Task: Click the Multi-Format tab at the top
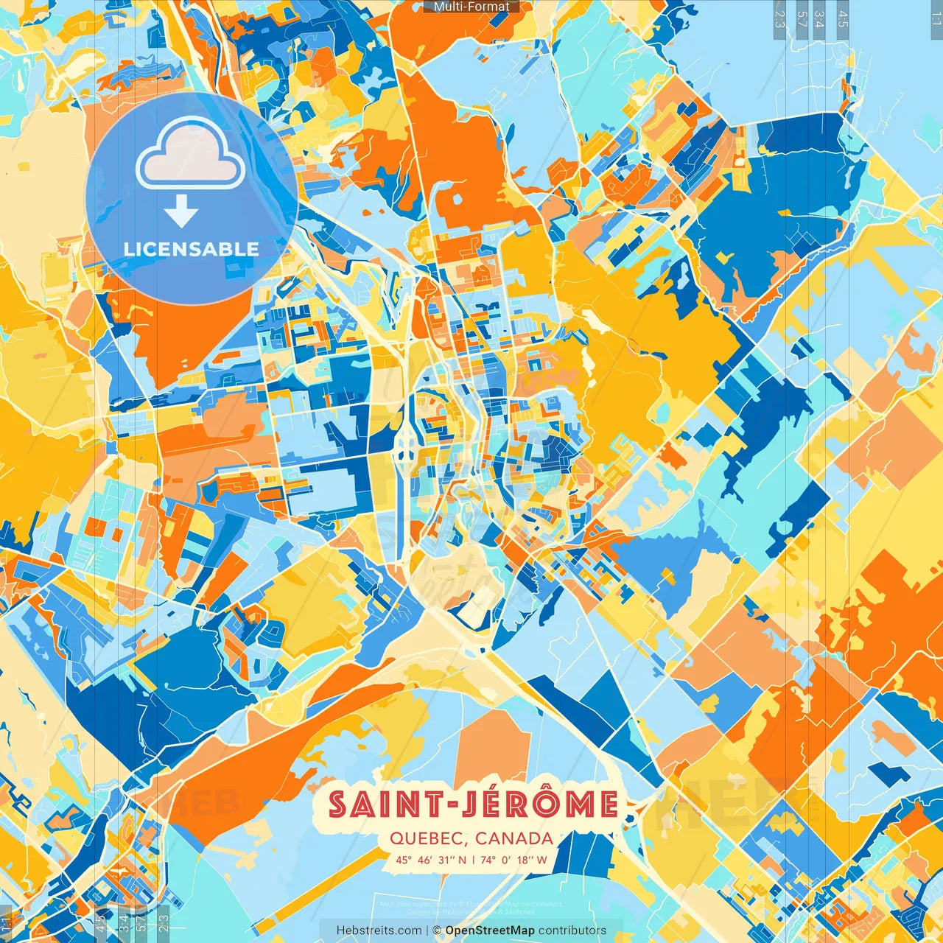(471, 7)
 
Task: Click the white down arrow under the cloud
(181, 213)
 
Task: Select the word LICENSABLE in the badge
(191, 249)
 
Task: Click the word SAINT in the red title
(382, 804)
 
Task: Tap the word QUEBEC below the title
(427, 838)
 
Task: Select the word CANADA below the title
(514, 838)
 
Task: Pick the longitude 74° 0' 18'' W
(513, 859)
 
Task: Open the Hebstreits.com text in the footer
(379, 930)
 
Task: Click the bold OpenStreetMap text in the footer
(490, 930)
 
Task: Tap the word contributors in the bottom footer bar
(572, 930)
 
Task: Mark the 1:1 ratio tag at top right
(935, 15)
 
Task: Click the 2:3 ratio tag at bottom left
(164, 920)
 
